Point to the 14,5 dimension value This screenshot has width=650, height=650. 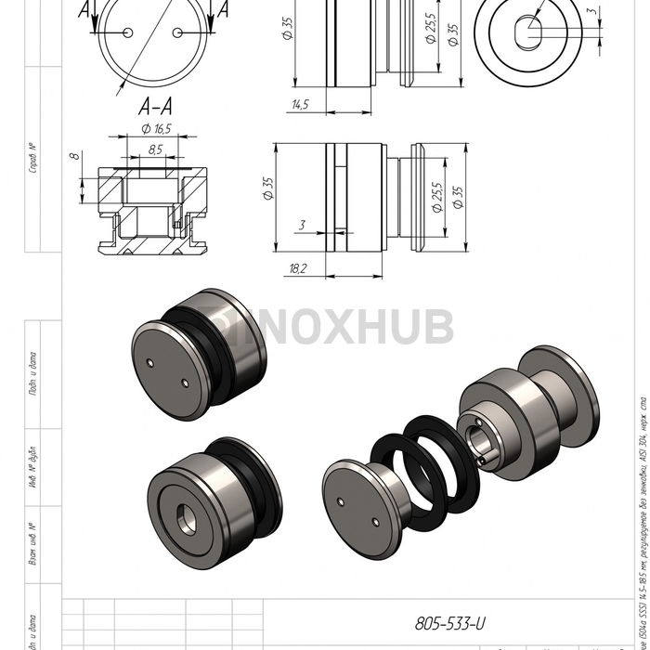[x=299, y=105]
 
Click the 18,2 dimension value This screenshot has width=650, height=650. [x=298, y=267]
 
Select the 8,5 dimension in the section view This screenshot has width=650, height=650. [x=155, y=149]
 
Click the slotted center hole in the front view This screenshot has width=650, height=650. [x=531, y=30]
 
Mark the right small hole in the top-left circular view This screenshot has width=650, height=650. [x=175, y=32]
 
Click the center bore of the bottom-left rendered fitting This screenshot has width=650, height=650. [x=205, y=489]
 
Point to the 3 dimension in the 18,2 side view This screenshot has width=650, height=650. [x=302, y=225]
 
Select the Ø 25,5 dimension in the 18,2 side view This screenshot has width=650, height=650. [x=436, y=196]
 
